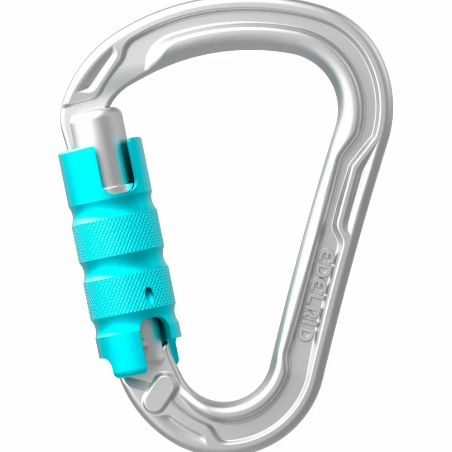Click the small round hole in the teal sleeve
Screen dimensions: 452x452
(149, 294)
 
